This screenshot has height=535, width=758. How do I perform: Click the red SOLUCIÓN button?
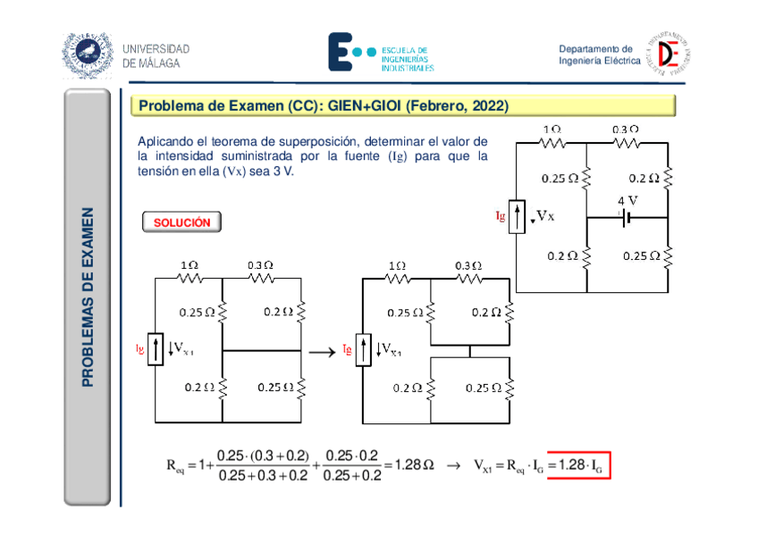coord(181,222)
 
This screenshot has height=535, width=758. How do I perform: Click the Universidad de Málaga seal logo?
coord(88,54)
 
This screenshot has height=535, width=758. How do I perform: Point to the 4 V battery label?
coord(627,200)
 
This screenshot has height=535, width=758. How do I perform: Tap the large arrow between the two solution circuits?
coord(324,351)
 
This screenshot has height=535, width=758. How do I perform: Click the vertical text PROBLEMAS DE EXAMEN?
coord(88,297)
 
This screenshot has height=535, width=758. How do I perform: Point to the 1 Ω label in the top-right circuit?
coord(552,130)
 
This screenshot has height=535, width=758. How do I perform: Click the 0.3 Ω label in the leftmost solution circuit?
coord(260,265)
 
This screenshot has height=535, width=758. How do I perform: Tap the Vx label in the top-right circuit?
coord(546,216)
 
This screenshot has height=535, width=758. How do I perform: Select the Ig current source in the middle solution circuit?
coord(364,350)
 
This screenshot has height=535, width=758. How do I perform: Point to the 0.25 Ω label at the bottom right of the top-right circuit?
coord(640,256)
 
